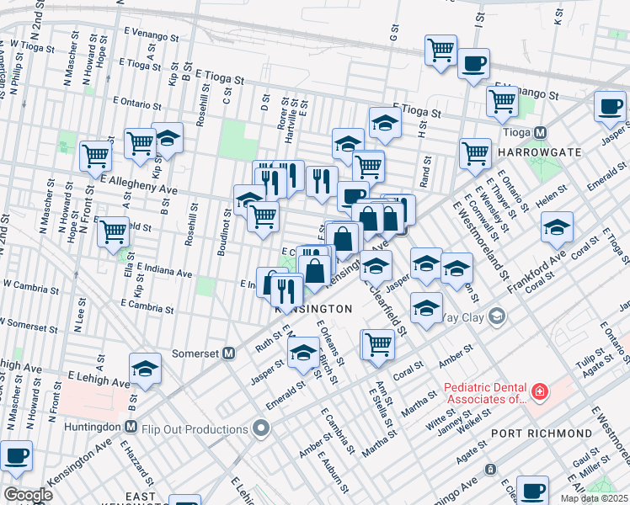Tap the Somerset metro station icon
[x=227, y=353]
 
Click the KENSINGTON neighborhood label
[x=313, y=309]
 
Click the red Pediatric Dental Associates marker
[x=539, y=392]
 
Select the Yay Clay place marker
[x=496, y=316]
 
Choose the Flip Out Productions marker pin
[x=261, y=430]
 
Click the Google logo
[x=28, y=494]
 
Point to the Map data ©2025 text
[x=594, y=498]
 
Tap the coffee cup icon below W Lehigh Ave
[x=16, y=455]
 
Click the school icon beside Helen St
[x=557, y=226]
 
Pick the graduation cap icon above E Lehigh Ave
[x=145, y=368]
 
